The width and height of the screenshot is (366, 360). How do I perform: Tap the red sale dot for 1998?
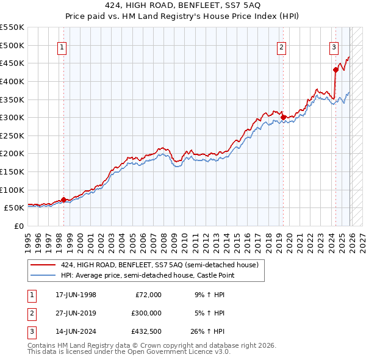[63, 200]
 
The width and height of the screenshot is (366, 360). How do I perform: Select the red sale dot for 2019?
[283, 117]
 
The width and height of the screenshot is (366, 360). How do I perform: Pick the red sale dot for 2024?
[335, 70]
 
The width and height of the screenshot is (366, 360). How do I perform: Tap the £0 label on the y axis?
[19, 226]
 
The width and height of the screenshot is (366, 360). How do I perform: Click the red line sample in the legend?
[43, 265]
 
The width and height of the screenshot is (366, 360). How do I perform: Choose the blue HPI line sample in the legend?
[43, 275]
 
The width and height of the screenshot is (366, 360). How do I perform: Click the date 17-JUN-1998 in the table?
[76, 294]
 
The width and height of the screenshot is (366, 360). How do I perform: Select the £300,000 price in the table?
[146, 313]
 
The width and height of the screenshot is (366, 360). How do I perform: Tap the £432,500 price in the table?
[146, 332]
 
